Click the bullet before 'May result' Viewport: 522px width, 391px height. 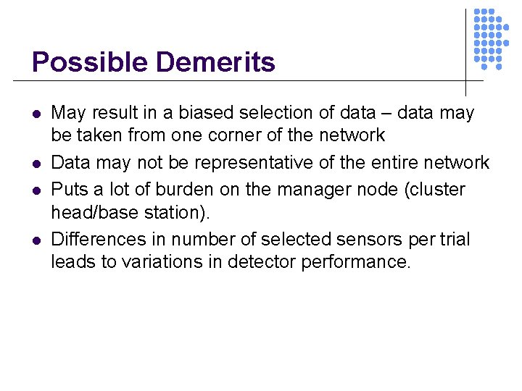coord(36,114)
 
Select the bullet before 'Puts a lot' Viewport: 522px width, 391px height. coord(36,190)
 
